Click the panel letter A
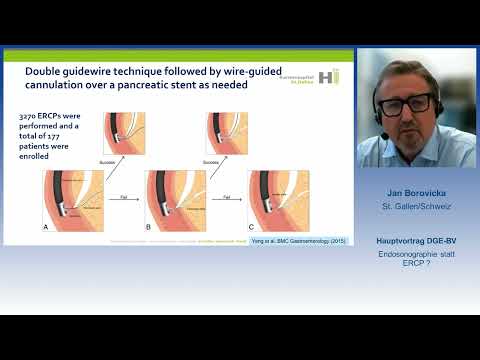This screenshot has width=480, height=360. (x=44, y=226)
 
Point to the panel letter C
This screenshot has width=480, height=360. (x=251, y=227)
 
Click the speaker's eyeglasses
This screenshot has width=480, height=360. (x=412, y=102)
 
